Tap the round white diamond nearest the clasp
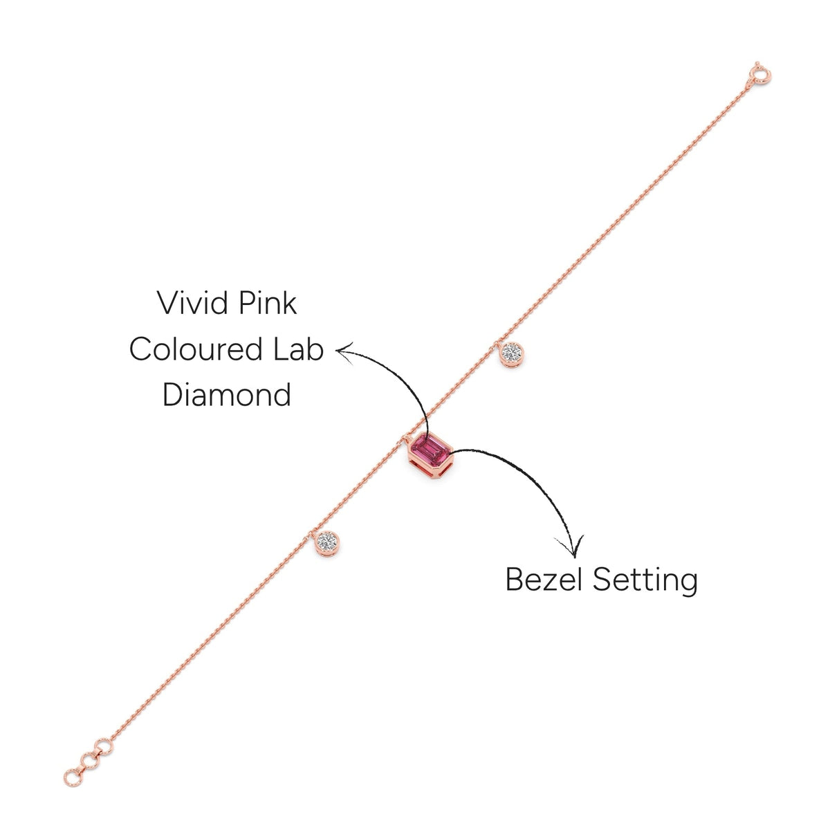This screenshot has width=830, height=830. pos(512,353)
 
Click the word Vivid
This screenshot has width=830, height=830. pos(192,303)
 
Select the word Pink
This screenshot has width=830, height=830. pos(268,303)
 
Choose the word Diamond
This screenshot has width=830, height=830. pos(227,394)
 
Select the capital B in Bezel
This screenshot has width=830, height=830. pos(515,580)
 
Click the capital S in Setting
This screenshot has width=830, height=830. pos(603,580)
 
